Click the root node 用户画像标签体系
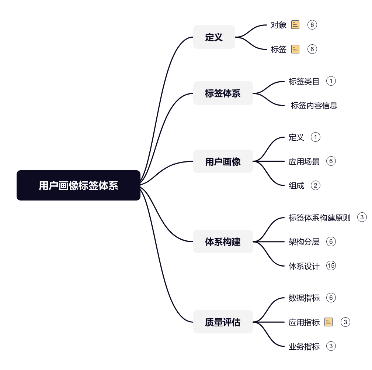[79, 185]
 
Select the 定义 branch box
[214, 37]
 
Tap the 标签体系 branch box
[223, 93]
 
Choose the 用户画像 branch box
[223, 161]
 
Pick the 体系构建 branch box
[223, 241]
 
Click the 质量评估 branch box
[223, 322]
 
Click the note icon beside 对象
[295, 25]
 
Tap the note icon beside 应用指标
[328, 322]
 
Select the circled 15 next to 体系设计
[331, 265]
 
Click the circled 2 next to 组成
[316, 185]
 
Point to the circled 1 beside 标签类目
[331, 81]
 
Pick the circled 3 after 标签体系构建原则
[362, 217]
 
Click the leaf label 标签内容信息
[314, 106]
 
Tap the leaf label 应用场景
[304, 162]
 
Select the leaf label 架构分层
[304, 241]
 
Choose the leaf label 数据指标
[304, 298]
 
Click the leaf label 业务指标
[304, 346]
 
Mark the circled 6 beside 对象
[312, 25]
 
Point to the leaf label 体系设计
[304, 266]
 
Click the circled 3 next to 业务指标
[331, 346]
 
